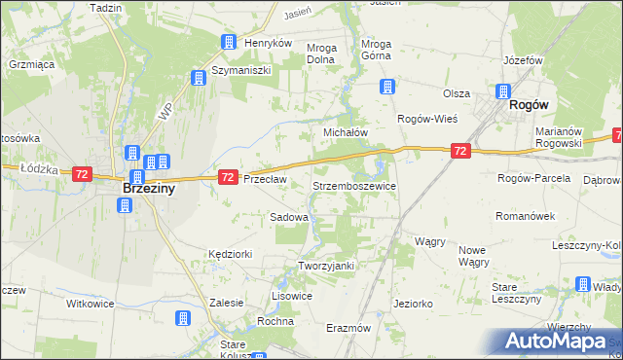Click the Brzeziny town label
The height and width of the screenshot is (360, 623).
pyautogui.click(x=148, y=190)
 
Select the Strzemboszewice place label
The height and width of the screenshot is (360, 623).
pyautogui.click(x=353, y=184)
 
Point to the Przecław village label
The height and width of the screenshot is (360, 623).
pyautogui.click(x=265, y=179)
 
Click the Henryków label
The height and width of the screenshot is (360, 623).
pyautogui.click(x=269, y=44)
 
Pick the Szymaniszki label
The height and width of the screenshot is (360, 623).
pyautogui.click(x=242, y=72)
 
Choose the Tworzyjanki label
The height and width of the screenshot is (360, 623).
pyautogui.click(x=326, y=266)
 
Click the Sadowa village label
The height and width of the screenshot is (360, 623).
pyautogui.click(x=289, y=218)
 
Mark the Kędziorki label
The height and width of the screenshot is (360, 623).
pyautogui.click(x=230, y=253)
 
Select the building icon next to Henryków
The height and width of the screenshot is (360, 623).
pyautogui.click(x=229, y=43)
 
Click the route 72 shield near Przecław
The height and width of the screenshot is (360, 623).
pyautogui.click(x=228, y=177)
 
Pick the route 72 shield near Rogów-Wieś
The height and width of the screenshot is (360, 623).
pyautogui.click(x=460, y=151)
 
